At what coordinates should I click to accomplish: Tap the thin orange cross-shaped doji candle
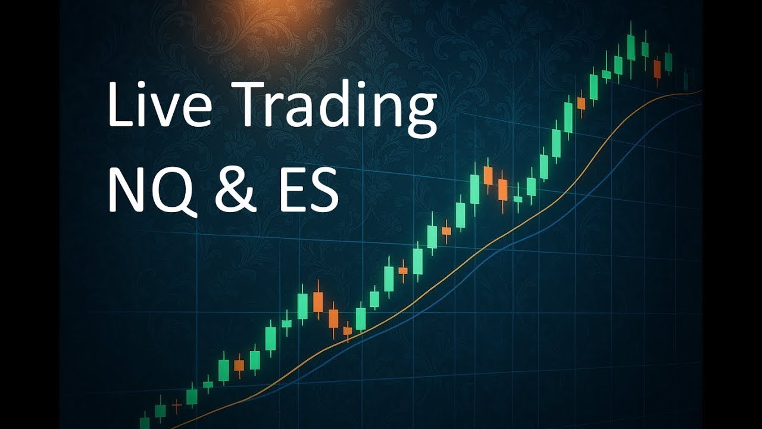176,406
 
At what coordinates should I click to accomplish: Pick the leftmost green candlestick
145,422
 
